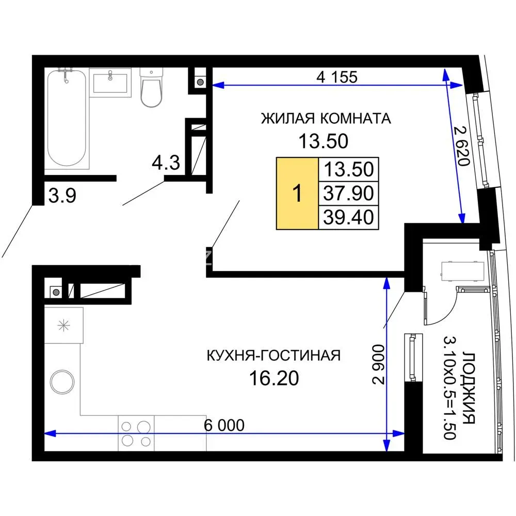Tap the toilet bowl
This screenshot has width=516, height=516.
[x=151, y=88]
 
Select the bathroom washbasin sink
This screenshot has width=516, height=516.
[x=110, y=83]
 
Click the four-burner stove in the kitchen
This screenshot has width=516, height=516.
[x=136, y=433]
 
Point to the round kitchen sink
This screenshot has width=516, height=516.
[x=62, y=382]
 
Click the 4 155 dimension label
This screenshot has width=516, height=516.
[x=337, y=77]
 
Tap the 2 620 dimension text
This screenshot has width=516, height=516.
[x=461, y=146]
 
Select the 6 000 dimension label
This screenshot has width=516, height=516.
[x=224, y=425]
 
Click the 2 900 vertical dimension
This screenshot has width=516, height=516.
[x=378, y=364]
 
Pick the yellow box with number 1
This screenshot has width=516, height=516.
[x=297, y=193]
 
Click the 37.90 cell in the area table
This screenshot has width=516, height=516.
[x=348, y=193]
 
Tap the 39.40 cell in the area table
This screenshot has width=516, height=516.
[x=348, y=217]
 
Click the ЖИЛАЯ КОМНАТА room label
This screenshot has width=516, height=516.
[x=326, y=119]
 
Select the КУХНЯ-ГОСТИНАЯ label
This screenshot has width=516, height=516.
[x=273, y=356]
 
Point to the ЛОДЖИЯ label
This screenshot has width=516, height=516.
[x=469, y=388]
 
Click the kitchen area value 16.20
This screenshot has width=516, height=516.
[x=274, y=378]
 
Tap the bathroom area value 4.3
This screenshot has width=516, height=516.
[x=166, y=163]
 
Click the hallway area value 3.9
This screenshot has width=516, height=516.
[x=62, y=195]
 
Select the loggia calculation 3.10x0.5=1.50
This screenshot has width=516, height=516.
[x=449, y=388]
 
